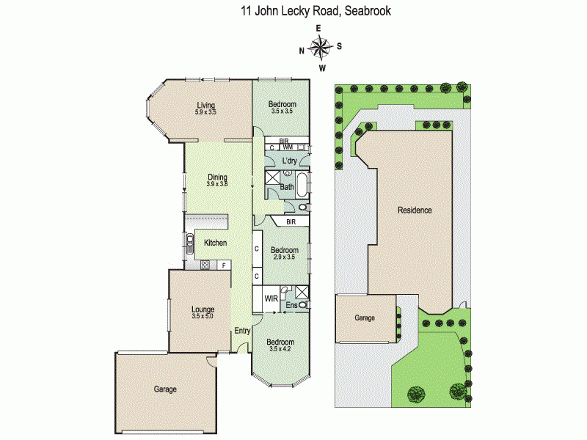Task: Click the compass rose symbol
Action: pos(321,48)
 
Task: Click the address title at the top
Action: pos(316,11)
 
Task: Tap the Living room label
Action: pos(205,104)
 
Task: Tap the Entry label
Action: pos(242,331)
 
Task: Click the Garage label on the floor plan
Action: pos(165,389)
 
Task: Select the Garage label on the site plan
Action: pos(365,318)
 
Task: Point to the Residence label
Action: pos(415,210)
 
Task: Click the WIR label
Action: pos(271,298)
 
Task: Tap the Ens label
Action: pos(291,304)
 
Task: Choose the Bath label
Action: pos(286,188)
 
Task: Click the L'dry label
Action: pos(289,159)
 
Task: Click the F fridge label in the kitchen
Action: pos(223,264)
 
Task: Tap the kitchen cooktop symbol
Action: pos(205,264)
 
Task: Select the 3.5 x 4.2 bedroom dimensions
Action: pos(280,349)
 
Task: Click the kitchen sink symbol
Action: pos(189,243)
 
